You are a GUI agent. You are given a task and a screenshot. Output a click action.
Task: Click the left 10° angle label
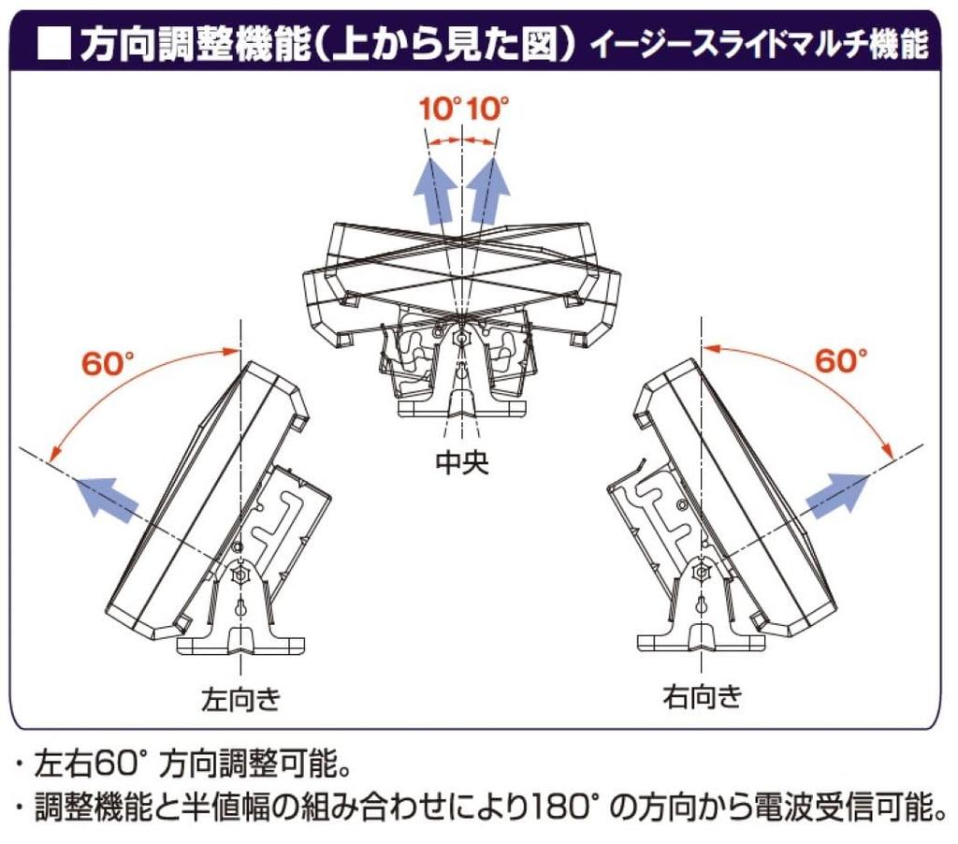pyautogui.click(x=440, y=109)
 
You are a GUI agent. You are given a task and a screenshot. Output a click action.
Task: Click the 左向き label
pyautogui.click(x=240, y=698)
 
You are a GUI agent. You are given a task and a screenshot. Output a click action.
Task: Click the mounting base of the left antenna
pyautogui.click(x=241, y=643)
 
